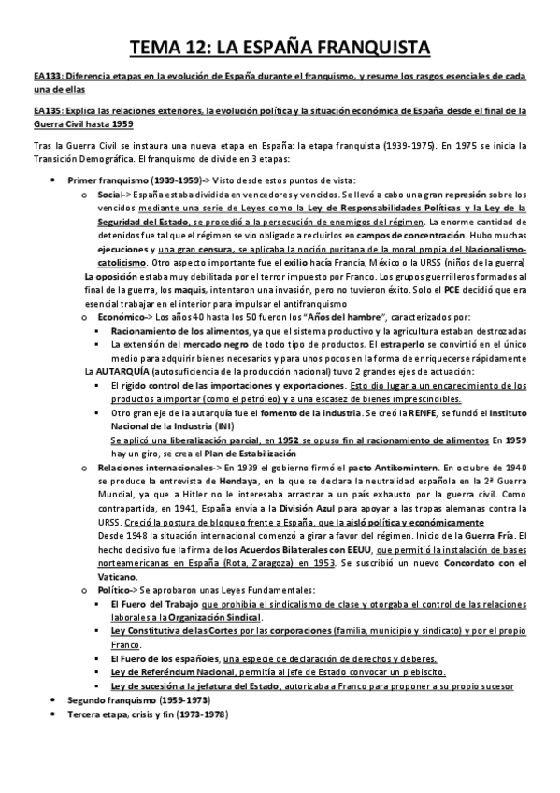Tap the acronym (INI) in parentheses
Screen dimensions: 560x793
226,425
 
